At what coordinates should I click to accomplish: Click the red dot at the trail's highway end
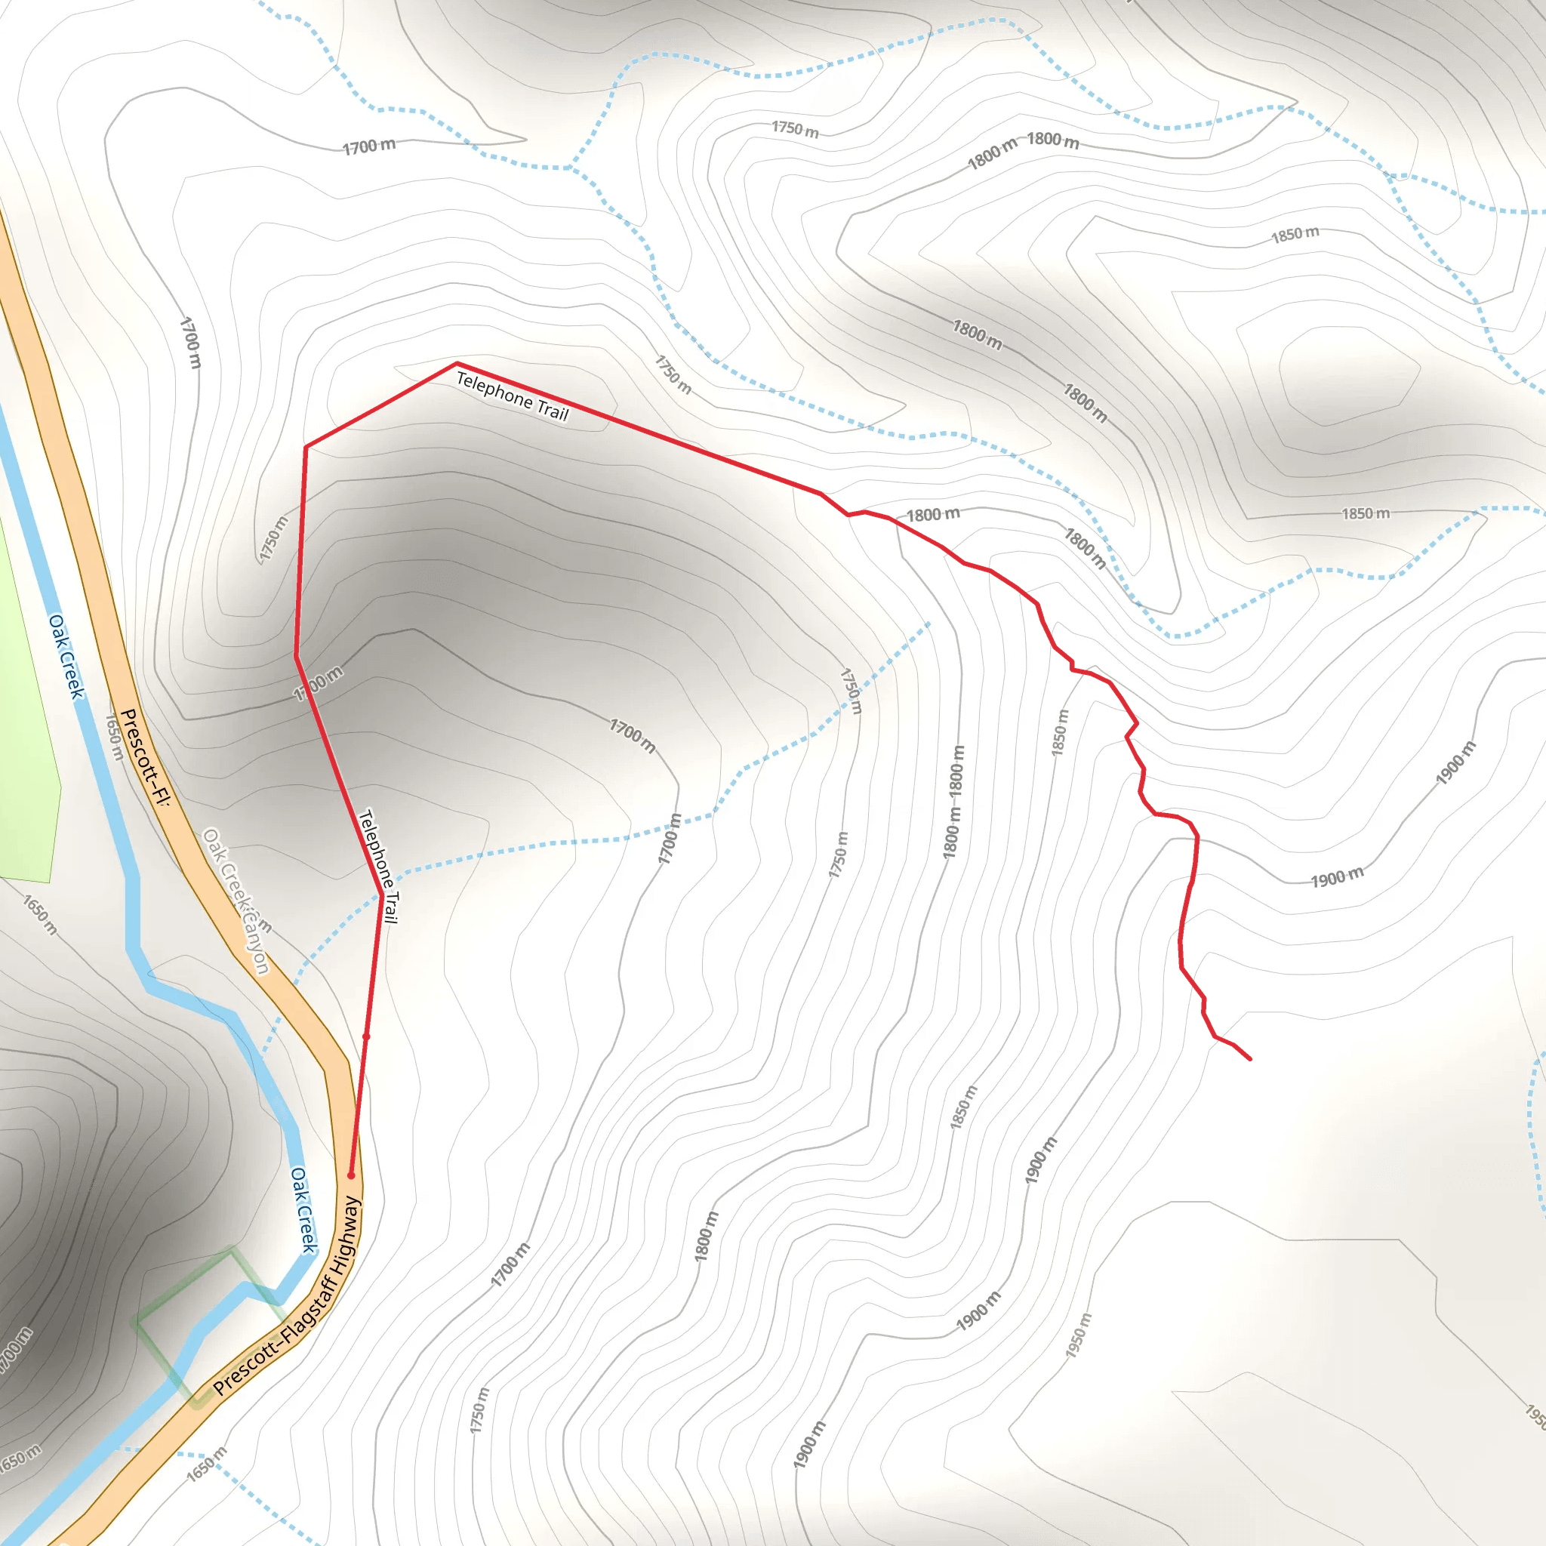coord(350,1175)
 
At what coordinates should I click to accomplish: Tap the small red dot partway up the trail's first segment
coord(366,1036)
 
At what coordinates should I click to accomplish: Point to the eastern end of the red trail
coord(1250,1059)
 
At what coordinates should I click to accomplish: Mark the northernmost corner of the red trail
coord(456,364)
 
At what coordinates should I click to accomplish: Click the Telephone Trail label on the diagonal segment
coord(512,396)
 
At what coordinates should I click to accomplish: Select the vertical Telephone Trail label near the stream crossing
coord(377,867)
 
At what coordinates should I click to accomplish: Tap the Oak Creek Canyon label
coord(237,901)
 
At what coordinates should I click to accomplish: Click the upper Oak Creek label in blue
coord(66,656)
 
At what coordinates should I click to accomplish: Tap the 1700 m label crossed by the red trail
coord(319,684)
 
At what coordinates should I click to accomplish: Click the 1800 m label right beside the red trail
coord(933,515)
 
